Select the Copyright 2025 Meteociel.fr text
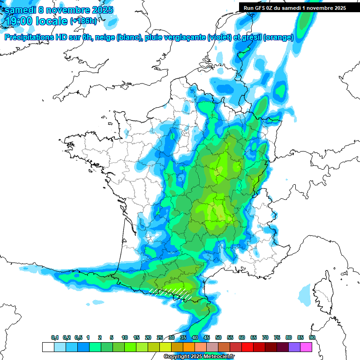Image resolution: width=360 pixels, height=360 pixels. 199,356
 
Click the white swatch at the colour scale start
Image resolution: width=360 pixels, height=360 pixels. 48,347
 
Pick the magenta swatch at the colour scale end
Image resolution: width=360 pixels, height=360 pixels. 307,347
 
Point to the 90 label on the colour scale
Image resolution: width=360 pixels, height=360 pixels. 312,337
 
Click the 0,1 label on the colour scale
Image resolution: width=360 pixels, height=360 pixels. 54,337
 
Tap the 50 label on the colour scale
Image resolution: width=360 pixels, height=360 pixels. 218,337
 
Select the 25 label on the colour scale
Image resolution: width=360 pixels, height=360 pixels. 160,337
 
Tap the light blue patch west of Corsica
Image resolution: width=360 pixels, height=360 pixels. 304,293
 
